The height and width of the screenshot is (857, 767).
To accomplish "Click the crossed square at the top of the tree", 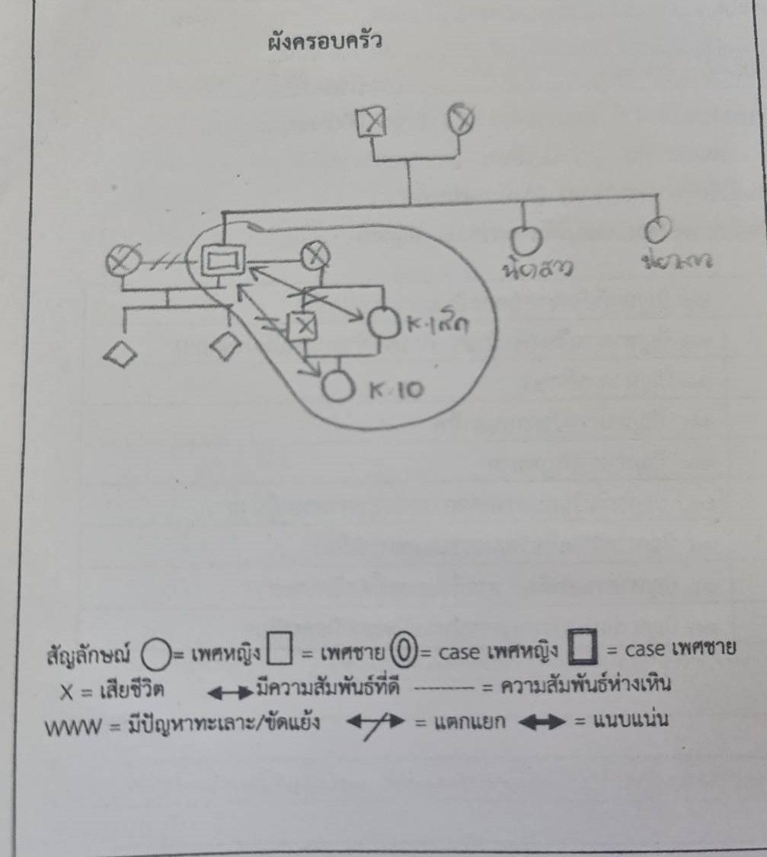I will (371, 121).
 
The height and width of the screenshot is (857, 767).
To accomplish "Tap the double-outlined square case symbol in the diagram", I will (222, 263).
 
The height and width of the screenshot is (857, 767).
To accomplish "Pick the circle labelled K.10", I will (336, 387).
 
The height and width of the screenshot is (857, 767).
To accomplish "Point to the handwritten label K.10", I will (393, 391).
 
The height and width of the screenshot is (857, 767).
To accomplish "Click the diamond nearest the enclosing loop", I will (225, 347).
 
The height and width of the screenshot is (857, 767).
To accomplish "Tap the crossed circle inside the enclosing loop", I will (314, 256).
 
